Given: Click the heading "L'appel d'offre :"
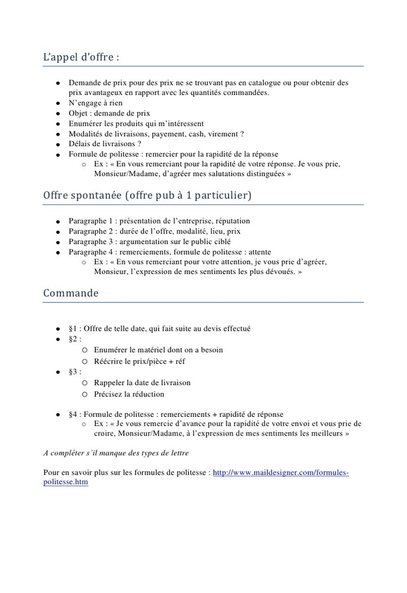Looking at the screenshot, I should (81, 56).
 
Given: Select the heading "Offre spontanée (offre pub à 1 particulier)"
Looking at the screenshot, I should (147, 194).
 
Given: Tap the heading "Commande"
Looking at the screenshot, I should (71, 292).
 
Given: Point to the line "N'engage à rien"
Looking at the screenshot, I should (97, 102).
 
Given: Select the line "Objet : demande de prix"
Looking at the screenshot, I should (109, 113).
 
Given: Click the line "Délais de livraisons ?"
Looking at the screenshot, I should (105, 143).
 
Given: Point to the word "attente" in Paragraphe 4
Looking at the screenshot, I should (257, 252).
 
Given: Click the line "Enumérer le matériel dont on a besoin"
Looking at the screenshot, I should (158, 350).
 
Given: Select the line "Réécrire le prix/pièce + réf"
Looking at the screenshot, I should (139, 361).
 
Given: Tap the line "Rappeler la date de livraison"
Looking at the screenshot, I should (142, 383).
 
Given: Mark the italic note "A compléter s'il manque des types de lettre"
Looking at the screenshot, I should (121, 453).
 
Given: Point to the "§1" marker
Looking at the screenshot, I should (73, 328).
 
